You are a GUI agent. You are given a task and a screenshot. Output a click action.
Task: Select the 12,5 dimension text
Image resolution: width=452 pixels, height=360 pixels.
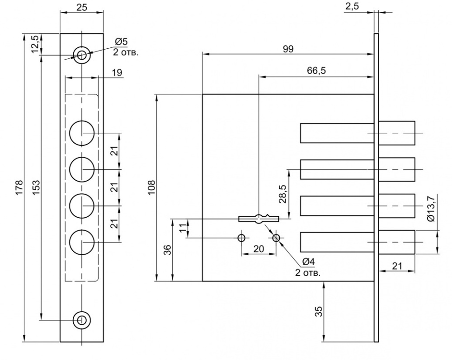(35, 44)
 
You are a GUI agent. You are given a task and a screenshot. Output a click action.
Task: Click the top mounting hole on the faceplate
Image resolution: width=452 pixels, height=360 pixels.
(82, 55)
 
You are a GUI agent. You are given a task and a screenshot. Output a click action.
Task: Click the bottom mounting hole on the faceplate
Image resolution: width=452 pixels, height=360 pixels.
(82, 320)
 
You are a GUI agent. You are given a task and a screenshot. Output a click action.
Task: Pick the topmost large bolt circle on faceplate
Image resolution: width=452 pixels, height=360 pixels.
(82, 133)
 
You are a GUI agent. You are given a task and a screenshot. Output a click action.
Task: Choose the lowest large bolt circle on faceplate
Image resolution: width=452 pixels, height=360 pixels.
(82, 242)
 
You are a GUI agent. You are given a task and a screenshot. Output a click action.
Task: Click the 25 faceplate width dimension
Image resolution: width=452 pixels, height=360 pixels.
(82, 8)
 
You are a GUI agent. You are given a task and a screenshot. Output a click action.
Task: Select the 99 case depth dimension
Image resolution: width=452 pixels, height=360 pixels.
(288, 49)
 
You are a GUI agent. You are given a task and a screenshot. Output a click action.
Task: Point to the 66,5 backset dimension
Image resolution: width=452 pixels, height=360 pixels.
(316, 70)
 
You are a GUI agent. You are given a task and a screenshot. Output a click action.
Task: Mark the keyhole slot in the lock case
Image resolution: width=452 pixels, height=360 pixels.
(259, 219)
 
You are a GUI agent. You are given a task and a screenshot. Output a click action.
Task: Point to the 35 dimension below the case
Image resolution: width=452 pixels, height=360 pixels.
(318, 311)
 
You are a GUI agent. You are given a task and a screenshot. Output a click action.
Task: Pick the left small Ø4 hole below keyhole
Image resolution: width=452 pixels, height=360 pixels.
(241, 238)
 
